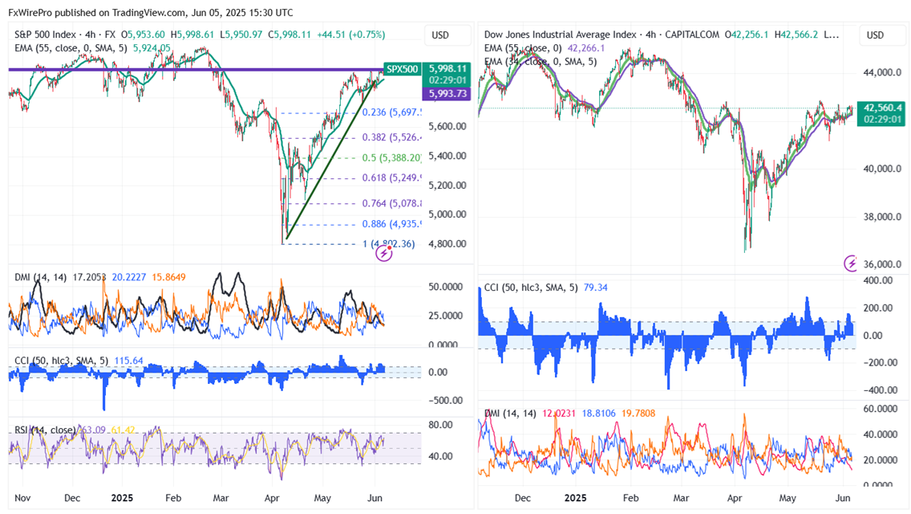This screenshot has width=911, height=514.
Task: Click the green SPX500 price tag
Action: (x=402, y=69)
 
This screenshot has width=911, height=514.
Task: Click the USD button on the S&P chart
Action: (x=440, y=35)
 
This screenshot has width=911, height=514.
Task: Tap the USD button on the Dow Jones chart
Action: (x=876, y=35)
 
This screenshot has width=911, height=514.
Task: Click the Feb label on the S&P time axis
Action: (x=172, y=498)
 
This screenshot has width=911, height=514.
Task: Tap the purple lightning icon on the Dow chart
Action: (x=852, y=263)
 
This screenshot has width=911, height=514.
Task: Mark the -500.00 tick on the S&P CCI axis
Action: (x=445, y=400)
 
